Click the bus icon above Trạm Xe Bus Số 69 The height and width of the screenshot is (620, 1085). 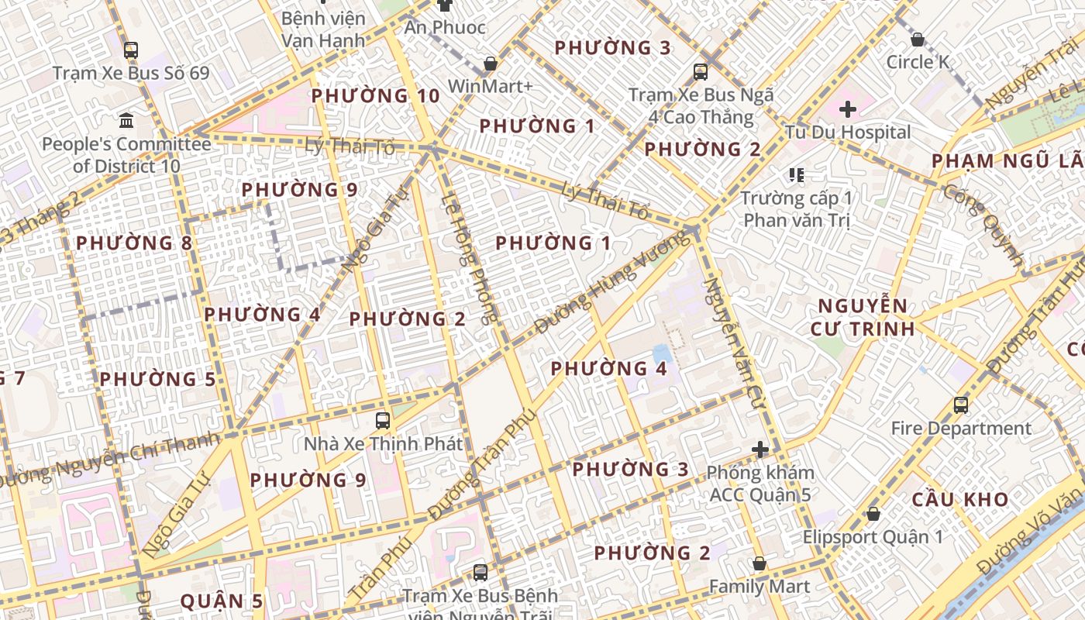coord(131,50)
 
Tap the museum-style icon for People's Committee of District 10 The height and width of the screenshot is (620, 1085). coord(126,120)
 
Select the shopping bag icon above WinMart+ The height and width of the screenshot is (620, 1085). coord(490,63)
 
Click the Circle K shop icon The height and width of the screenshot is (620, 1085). coord(918,39)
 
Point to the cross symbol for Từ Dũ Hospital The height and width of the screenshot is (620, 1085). coord(848,109)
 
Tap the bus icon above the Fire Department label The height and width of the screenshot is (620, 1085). coord(961,405)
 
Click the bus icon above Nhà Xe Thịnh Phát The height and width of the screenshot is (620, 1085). coord(383,421)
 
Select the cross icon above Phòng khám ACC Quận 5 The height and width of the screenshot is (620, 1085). coord(760,449)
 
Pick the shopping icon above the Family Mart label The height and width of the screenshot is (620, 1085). coord(759,563)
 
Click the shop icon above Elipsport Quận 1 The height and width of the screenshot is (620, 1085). coord(873,513)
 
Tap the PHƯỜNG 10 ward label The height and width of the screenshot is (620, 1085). coord(375,96)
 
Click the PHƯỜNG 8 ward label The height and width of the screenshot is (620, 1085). coord(134,243)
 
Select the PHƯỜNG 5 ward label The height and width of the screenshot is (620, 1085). coord(157,379)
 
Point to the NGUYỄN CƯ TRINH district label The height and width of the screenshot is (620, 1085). coord(863,317)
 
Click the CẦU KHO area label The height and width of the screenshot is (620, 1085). coord(960,499)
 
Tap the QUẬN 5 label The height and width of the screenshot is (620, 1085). coord(222,601)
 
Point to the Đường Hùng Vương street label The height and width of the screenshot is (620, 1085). coord(601,294)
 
